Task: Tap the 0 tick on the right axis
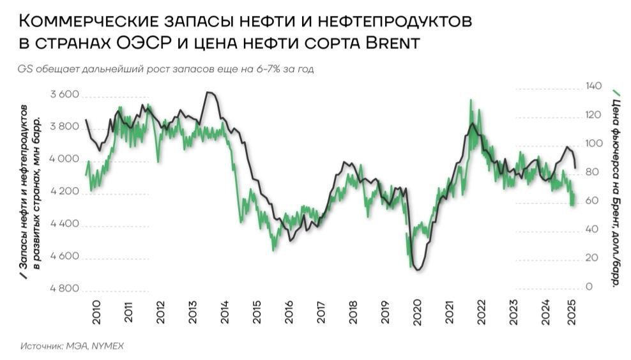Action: tap(589, 287)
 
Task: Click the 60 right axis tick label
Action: tap(591, 201)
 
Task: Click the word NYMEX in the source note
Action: tap(107, 345)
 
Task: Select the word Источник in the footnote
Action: tap(39, 345)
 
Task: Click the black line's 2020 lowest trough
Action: tap(418, 269)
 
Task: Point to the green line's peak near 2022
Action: tap(471, 100)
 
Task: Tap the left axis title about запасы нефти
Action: tap(29, 191)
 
